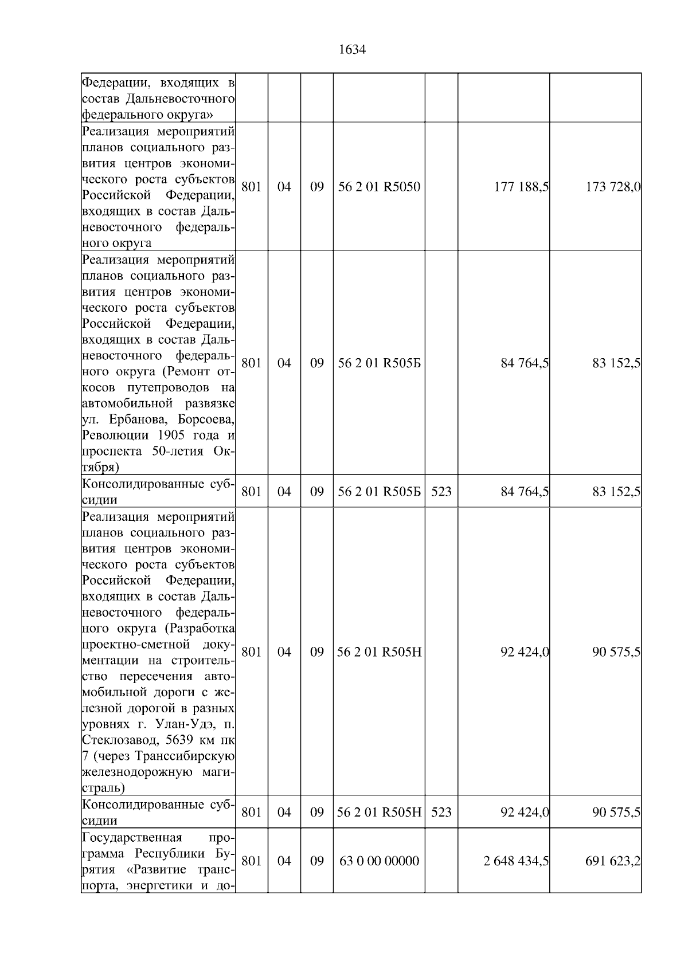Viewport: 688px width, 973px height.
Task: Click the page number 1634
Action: coord(352,50)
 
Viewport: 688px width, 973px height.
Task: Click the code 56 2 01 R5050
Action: coord(379,187)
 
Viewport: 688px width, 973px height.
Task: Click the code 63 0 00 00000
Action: coord(379,861)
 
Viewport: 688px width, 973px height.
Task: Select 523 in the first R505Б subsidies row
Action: coord(441,492)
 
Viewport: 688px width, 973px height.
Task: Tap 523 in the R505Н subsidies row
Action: coord(441,812)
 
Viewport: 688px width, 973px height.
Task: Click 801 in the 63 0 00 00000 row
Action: coord(251,861)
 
